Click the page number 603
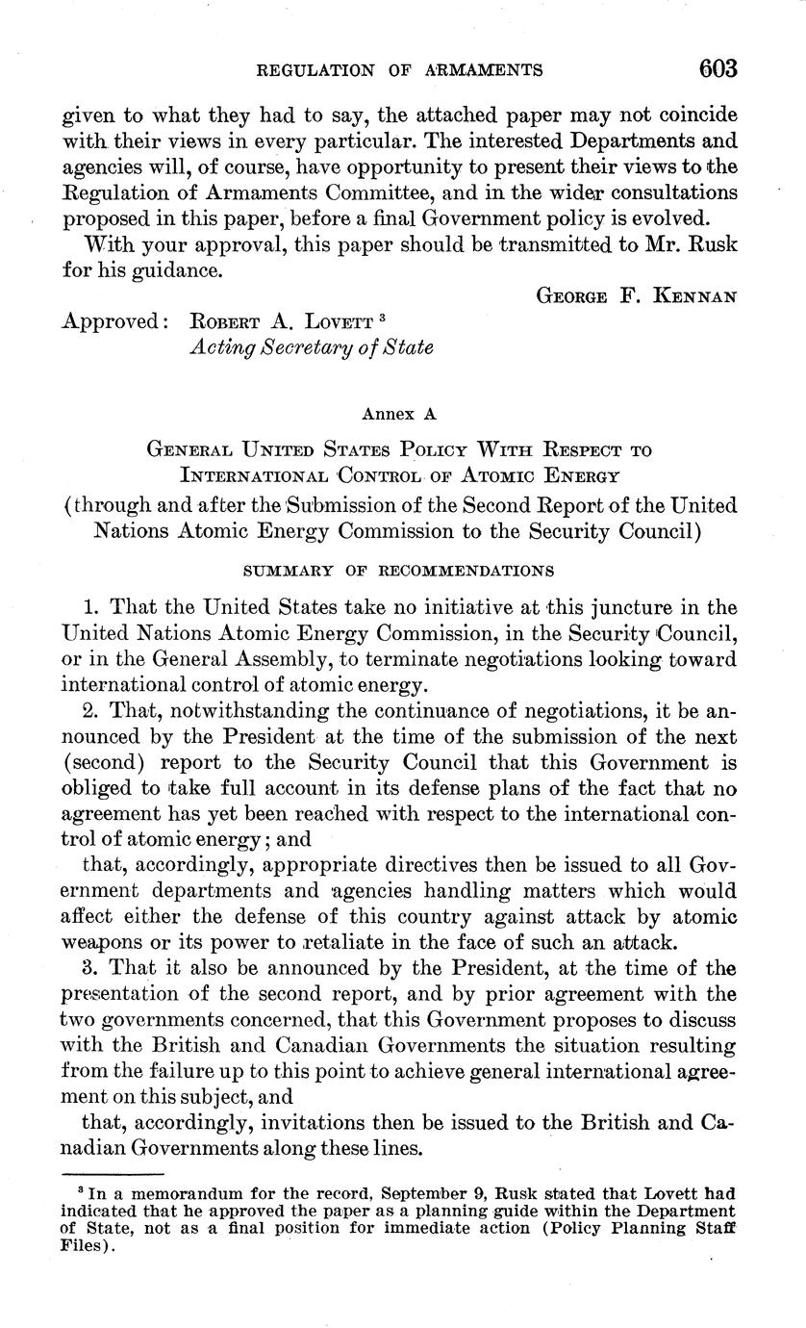pyautogui.click(x=718, y=68)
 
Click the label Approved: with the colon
pyautogui.click(x=116, y=320)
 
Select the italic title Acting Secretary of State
pyautogui.click(x=311, y=346)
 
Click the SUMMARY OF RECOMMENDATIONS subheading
pyautogui.click(x=398, y=570)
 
